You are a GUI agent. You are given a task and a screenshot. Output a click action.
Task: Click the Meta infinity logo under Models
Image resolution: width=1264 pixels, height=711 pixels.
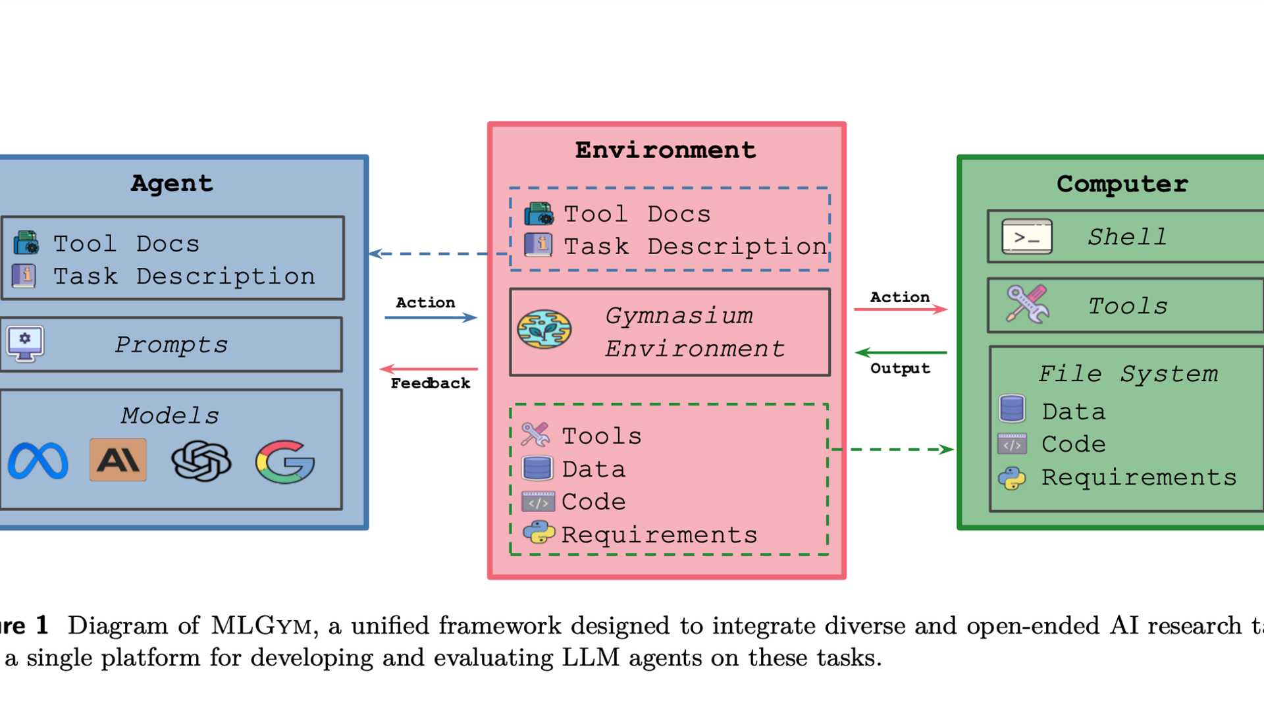[38, 460]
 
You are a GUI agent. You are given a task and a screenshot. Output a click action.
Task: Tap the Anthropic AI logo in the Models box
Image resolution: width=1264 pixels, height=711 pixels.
[118, 460]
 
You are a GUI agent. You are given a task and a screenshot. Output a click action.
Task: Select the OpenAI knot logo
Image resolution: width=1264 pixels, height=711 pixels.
[201, 460]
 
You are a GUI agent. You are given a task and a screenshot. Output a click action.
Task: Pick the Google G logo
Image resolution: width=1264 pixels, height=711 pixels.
[285, 461]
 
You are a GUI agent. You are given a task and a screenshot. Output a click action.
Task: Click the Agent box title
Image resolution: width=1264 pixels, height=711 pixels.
[172, 183]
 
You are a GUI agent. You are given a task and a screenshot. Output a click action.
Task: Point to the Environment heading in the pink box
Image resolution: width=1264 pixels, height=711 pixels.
[666, 150]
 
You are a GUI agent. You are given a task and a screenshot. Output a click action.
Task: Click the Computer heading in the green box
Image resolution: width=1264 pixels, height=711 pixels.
[1122, 184]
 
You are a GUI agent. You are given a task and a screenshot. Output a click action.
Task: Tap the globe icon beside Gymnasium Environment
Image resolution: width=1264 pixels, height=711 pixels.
[544, 329]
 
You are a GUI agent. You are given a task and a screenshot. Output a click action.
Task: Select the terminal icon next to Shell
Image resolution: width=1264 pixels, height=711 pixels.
[1026, 237]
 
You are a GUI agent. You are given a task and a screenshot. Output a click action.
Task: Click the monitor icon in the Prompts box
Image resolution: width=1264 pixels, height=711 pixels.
[25, 343]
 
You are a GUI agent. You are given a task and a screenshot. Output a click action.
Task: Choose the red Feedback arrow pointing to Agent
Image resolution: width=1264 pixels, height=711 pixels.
[429, 369]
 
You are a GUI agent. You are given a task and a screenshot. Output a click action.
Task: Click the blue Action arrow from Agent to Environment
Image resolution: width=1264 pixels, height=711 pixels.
[431, 317]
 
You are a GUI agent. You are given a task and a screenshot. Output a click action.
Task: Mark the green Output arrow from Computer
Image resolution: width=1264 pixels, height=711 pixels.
[901, 353]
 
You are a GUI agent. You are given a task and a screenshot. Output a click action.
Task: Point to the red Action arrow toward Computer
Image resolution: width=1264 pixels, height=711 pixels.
[901, 309]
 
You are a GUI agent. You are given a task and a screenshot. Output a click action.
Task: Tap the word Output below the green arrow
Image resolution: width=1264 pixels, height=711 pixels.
[900, 369]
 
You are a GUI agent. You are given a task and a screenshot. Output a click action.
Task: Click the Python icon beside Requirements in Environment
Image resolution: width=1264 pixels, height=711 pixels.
[539, 533]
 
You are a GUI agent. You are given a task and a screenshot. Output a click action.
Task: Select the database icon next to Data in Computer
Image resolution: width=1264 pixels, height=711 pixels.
[1012, 409]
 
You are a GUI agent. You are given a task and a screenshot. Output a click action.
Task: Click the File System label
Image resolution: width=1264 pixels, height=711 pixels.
[1128, 373]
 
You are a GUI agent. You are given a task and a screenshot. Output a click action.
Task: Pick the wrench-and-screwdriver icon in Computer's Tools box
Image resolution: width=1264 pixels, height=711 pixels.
[1027, 304]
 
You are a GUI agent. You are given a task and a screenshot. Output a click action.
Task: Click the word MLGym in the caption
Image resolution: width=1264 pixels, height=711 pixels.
[261, 625]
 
